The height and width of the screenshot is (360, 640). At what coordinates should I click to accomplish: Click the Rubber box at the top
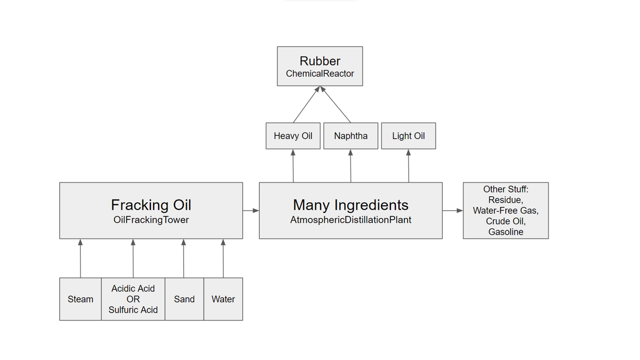(x=319, y=66)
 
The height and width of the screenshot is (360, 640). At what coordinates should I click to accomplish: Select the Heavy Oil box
(x=293, y=136)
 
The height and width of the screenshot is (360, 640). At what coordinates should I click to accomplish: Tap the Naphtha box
(x=350, y=136)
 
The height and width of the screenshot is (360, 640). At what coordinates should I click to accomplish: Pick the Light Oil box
(x=409, y=136)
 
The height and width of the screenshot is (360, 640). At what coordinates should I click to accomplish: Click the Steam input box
(x=81, y=299)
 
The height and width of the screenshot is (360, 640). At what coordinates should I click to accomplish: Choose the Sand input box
(x=185, y=299)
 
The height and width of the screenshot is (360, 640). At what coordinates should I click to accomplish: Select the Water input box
(x=223, y=299)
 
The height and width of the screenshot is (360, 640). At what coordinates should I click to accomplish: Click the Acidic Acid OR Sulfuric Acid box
(x=133, y=299)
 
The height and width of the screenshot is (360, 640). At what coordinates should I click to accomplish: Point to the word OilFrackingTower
(x=151, y=220)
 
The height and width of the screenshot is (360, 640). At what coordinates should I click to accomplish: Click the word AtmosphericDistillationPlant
(x=350, y=220)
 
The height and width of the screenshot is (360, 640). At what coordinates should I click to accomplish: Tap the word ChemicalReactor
(x=319, y=74)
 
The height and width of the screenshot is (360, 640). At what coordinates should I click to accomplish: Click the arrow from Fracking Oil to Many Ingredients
(x=251, y=211)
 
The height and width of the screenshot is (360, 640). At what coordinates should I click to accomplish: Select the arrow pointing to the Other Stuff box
(x=453, y=211)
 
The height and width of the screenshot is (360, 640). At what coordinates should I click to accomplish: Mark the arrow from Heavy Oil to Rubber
(x=306, y=105)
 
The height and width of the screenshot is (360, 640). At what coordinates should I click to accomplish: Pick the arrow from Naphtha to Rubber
(x=335, y=105)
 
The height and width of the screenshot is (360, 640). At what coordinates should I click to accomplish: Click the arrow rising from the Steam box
(x=81, y=258)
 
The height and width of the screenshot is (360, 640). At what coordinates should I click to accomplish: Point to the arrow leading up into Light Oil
(x=409, y=166)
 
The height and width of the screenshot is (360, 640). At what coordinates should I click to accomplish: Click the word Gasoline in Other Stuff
(x=506, y=231)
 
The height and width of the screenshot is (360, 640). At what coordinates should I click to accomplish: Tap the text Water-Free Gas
(x=506, y=211)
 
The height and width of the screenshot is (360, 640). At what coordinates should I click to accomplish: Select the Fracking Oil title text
(x=151, y=205)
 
